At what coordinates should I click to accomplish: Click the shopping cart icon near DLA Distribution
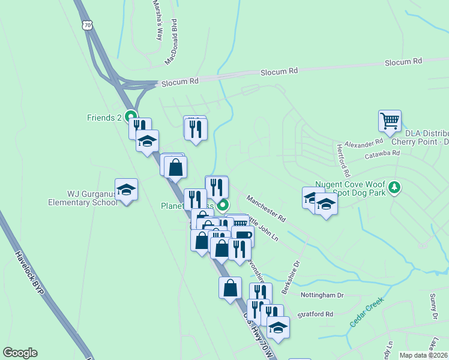[390, 121]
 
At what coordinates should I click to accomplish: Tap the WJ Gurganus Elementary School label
[83, 198]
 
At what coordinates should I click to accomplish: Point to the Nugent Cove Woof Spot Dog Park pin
[394, 188]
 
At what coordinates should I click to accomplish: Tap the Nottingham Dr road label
[322, 295]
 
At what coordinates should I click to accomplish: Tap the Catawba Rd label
[383, 154]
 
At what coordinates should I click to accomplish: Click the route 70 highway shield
[88, 25]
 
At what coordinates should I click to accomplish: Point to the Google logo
[20, 353]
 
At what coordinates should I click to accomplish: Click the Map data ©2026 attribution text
[424, 355]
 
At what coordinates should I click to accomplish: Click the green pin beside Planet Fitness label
[222, 206]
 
